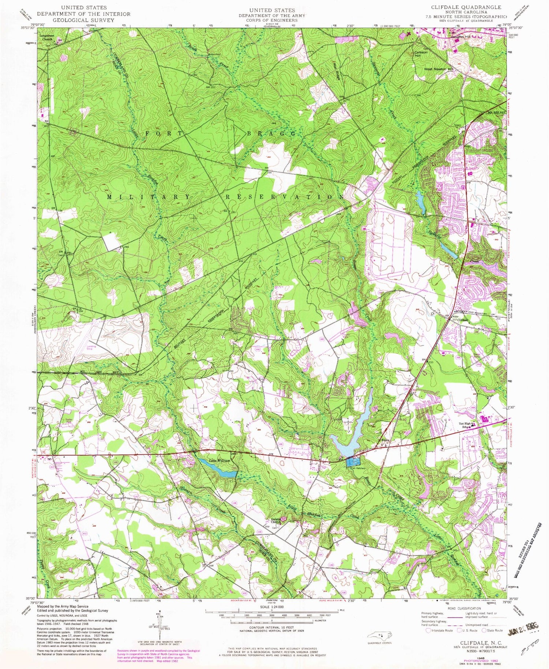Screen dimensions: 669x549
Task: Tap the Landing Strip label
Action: point(92,348)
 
